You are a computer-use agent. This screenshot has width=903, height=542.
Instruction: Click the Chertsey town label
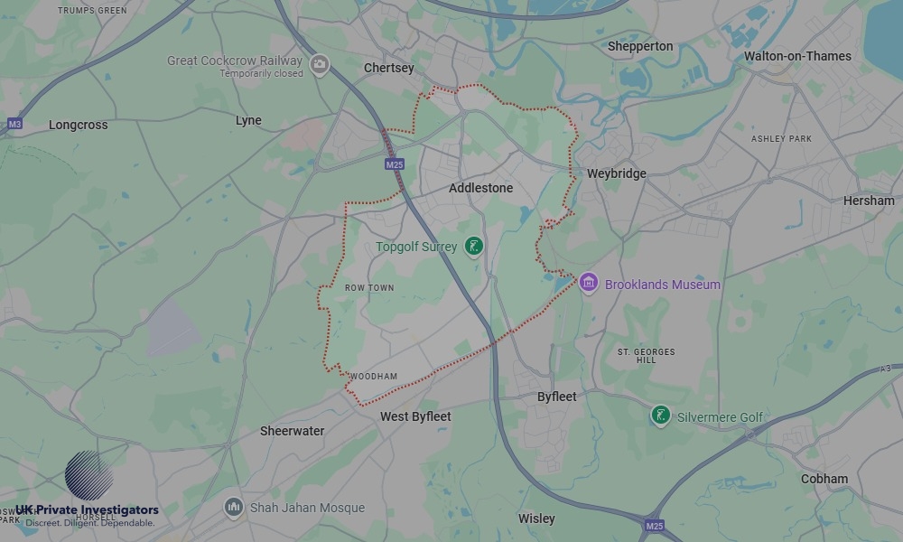(388, 68)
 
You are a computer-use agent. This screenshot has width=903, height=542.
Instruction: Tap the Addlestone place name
(480, 188)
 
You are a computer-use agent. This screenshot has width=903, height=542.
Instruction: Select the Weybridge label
(617, 173)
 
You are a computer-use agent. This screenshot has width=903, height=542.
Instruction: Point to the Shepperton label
(640, 46)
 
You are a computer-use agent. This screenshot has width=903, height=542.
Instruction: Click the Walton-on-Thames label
(797, 56)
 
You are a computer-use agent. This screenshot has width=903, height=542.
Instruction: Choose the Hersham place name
(869, 201)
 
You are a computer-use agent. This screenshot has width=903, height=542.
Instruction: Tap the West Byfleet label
(415, 416)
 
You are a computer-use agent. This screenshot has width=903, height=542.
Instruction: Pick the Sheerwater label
(292, 431)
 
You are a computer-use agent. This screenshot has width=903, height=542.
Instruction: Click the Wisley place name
(536, 519)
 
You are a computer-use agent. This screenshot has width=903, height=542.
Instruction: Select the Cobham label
(824, 479)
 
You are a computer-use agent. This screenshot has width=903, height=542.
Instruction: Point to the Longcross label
(78, 126)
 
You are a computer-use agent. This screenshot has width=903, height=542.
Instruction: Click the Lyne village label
(248, 120)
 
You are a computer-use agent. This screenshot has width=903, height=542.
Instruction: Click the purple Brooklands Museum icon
(589, 284)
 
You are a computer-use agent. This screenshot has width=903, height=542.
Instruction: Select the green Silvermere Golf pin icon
(660, 416)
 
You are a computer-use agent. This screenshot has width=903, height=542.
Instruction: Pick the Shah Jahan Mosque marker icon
(234, 507)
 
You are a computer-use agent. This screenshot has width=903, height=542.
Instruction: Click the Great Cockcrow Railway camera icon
(319, 64)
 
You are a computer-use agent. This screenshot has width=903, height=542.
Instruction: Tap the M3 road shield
(14, 123)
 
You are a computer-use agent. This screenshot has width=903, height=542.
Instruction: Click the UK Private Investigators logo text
(87, 510)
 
